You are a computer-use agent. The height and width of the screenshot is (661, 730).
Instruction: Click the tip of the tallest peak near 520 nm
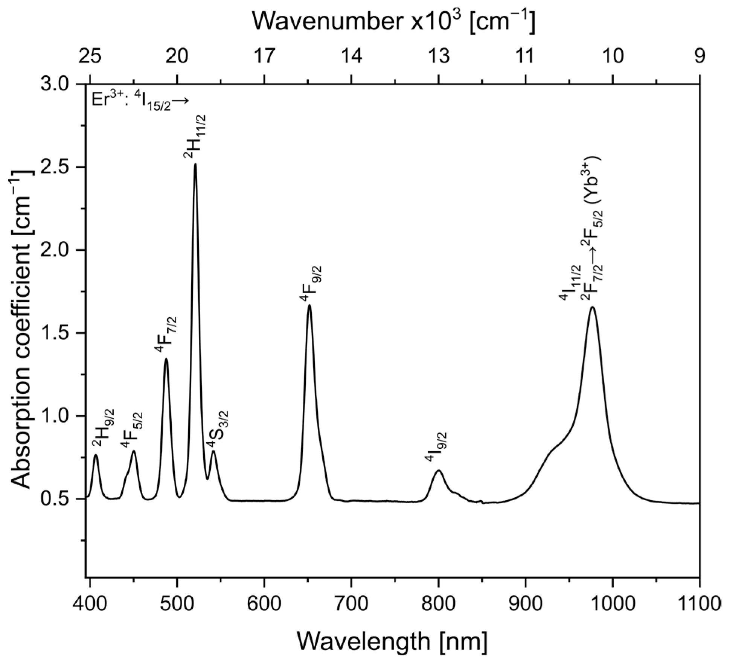click(x=195, y=164)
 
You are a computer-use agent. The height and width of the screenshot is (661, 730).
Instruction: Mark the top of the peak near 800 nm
click(x=439, y=470)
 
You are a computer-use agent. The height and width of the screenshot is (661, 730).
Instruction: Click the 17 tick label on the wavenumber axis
click(x=264, y=56)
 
